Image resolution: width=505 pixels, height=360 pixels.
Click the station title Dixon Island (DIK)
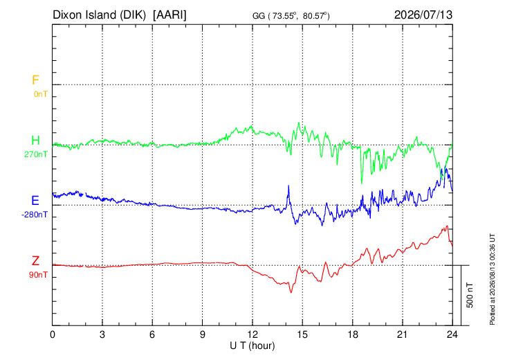pyautogui.click(x=99, y=15)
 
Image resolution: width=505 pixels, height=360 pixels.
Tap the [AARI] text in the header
pyautogui.click(x=169, y=15)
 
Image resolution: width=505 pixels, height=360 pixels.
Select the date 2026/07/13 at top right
pyautogui.click(x=423, y=15)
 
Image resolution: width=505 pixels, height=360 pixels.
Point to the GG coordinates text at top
pyautogui.click(x=291, y=16)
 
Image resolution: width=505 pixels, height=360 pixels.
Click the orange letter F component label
pyautogui.click(x=35, y=80)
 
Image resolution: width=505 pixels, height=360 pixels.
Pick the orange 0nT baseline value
pyautogui.click(x=41, y=94)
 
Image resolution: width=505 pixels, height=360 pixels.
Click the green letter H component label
pyautogui.click(x=35, y=141)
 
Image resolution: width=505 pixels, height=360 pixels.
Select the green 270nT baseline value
pyautogui.click(x=36, y=154)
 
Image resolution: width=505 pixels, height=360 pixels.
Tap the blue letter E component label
pyautogui.click(x=35, y=201)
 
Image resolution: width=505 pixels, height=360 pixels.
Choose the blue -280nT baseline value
pyautogui.click(x=35, y=215)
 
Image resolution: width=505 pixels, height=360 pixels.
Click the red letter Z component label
pyautogui.click(x=35, y=261)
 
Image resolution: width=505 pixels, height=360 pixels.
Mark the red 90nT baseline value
pyautogui.click(x=38, y=275)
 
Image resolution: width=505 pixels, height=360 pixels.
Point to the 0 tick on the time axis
pyautogui.click(x=53, y=334)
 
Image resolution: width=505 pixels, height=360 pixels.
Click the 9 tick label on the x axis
pyautogui.click(x=202, y=334)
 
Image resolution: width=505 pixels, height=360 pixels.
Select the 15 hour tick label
pyautogui.click(x=302, y=334)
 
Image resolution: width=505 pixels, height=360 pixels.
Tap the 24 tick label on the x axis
pyautogui.click(x=452, y=334)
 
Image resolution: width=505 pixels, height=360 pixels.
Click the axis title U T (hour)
pyautogui.click(x=252, y=346)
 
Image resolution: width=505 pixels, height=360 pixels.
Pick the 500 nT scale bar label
pyautogui.click(x=470, y=295)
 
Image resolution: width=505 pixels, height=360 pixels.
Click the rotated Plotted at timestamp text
pyautogui.click(x=492, y=279)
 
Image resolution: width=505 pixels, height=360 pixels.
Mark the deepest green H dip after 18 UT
pyautogui.click(x=361, y=183)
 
